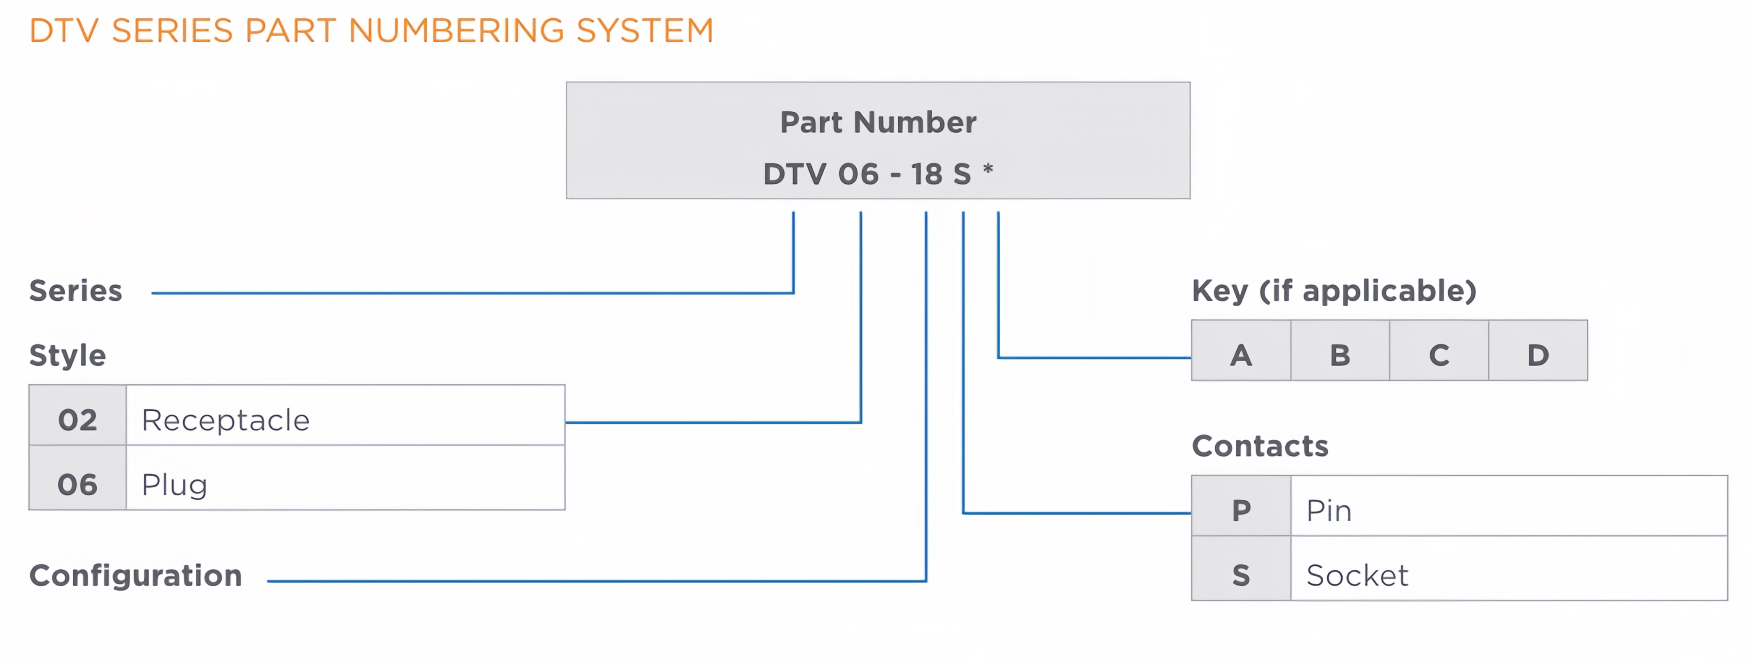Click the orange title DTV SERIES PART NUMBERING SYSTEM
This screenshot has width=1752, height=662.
click(x=371, y=31)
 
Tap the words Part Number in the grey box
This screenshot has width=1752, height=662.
click(x=878, y=123)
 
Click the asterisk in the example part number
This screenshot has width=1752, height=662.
click(x=988, y=168)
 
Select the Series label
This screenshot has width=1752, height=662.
click(x=76, y=291)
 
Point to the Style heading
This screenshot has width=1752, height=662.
click(x=67, y=355)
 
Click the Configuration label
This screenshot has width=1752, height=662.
click(x=135, y=575)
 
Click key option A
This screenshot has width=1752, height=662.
click(x=1241, y=350)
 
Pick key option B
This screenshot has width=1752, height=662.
click(x=1340, y=350)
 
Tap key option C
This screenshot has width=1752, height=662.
click(x=1439, y=350)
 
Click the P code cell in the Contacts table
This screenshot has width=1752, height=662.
click(x=1241, y=506)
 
